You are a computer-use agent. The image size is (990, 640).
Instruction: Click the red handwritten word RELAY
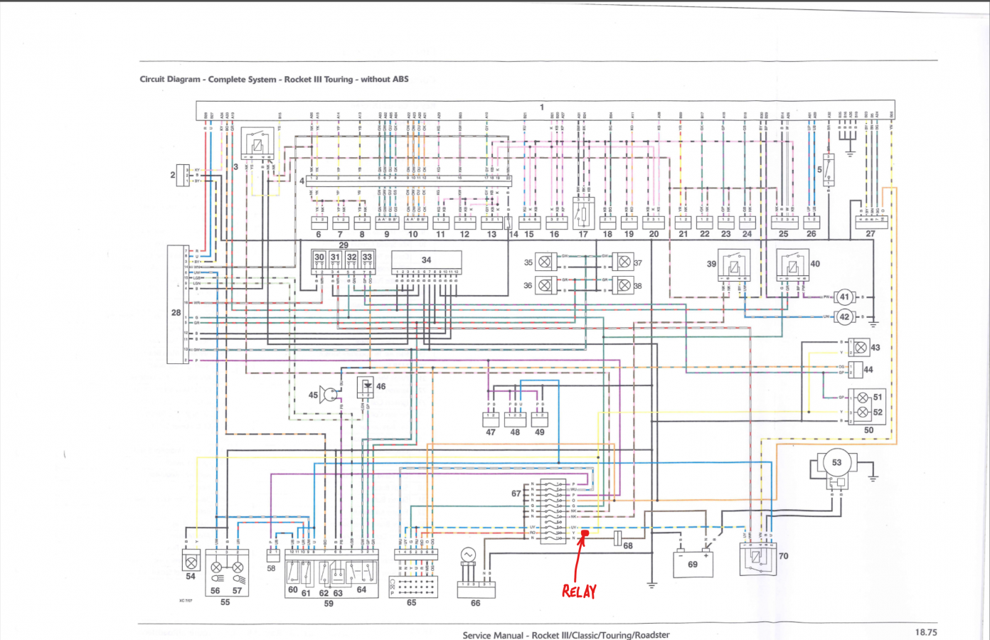(x=579, y=591)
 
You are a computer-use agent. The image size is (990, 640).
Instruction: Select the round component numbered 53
(x=836, y=463)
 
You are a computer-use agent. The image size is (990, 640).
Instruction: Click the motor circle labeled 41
(x=844, y=297)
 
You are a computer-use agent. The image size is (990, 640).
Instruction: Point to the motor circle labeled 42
(x=844, y=316)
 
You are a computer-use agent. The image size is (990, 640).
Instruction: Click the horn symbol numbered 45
(x=329, y=395)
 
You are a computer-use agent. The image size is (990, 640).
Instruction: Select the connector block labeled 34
(x=427, y=260)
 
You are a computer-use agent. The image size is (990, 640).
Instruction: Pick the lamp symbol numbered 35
(x=545, y=262)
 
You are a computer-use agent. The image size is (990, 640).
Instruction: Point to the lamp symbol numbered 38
(x=624, y=285)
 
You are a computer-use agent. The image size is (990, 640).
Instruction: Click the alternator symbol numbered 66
(x=468, y=555)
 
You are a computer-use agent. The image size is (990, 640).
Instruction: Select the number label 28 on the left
(x=176, y=312)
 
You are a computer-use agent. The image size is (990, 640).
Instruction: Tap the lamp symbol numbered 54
(x=191, y=561)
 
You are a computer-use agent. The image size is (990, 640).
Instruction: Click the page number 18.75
(x=925, y=631)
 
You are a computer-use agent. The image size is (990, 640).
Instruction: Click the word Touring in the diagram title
(x=339, y=79)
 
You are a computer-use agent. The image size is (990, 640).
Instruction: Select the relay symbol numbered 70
(x=756, y=559)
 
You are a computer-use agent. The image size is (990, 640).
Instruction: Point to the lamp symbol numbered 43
(x=860, y=347)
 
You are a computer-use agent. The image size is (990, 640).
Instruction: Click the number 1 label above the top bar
(x=542, y=107)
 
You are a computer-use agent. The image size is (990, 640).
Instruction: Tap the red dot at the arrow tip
(x=585, y=533)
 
